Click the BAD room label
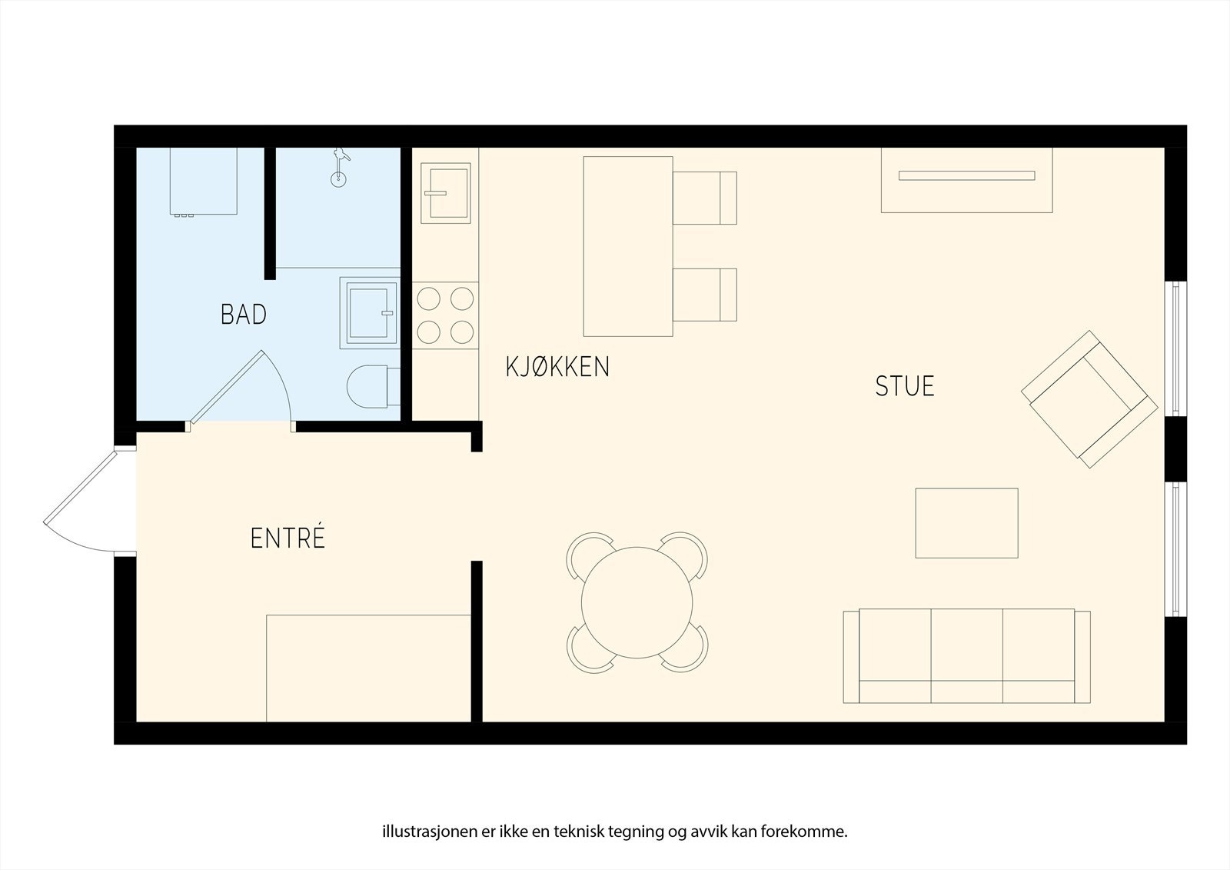[x=243, y=315]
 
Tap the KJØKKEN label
[x=557, y=367]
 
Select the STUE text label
[x=904, y=386]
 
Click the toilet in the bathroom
[x=374, y=386]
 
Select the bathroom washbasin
[x=369, y=313]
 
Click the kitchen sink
[x=445, y=193]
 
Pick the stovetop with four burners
[x=445, y=315]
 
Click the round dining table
[x=637, y=602]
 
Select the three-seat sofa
[x=966, y=655]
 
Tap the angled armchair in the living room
[x=1089, y=399]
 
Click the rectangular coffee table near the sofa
[x=966, y=523]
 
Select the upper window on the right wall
[x=1175, y=349]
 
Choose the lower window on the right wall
[x=1175, y=549]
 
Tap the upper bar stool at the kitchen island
[x=704, y=198]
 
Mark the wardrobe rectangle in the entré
[x=368, y=668]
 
